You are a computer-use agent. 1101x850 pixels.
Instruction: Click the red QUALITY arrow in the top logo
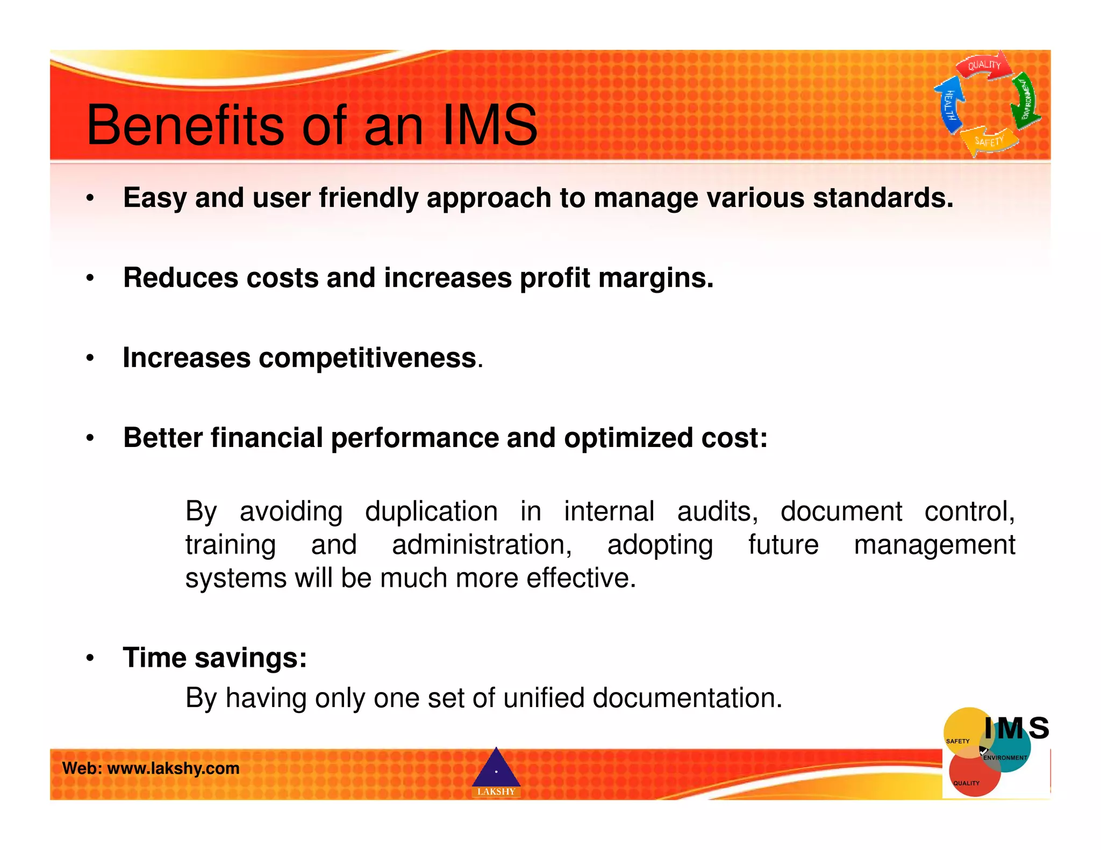pos(983,66)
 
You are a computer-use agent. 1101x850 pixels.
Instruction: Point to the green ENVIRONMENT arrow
pos(1025,100)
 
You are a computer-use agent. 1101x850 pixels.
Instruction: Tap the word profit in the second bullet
pos(554,278)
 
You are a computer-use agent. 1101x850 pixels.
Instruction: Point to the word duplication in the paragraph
pos(431,511)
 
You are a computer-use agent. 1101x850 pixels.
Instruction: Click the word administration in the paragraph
pos(482,545)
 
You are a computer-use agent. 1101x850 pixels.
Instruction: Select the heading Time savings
pos(215,658)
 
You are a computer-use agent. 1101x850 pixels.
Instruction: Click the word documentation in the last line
pos(687,698)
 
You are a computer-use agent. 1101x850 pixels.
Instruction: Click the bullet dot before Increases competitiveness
pos(90,358)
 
